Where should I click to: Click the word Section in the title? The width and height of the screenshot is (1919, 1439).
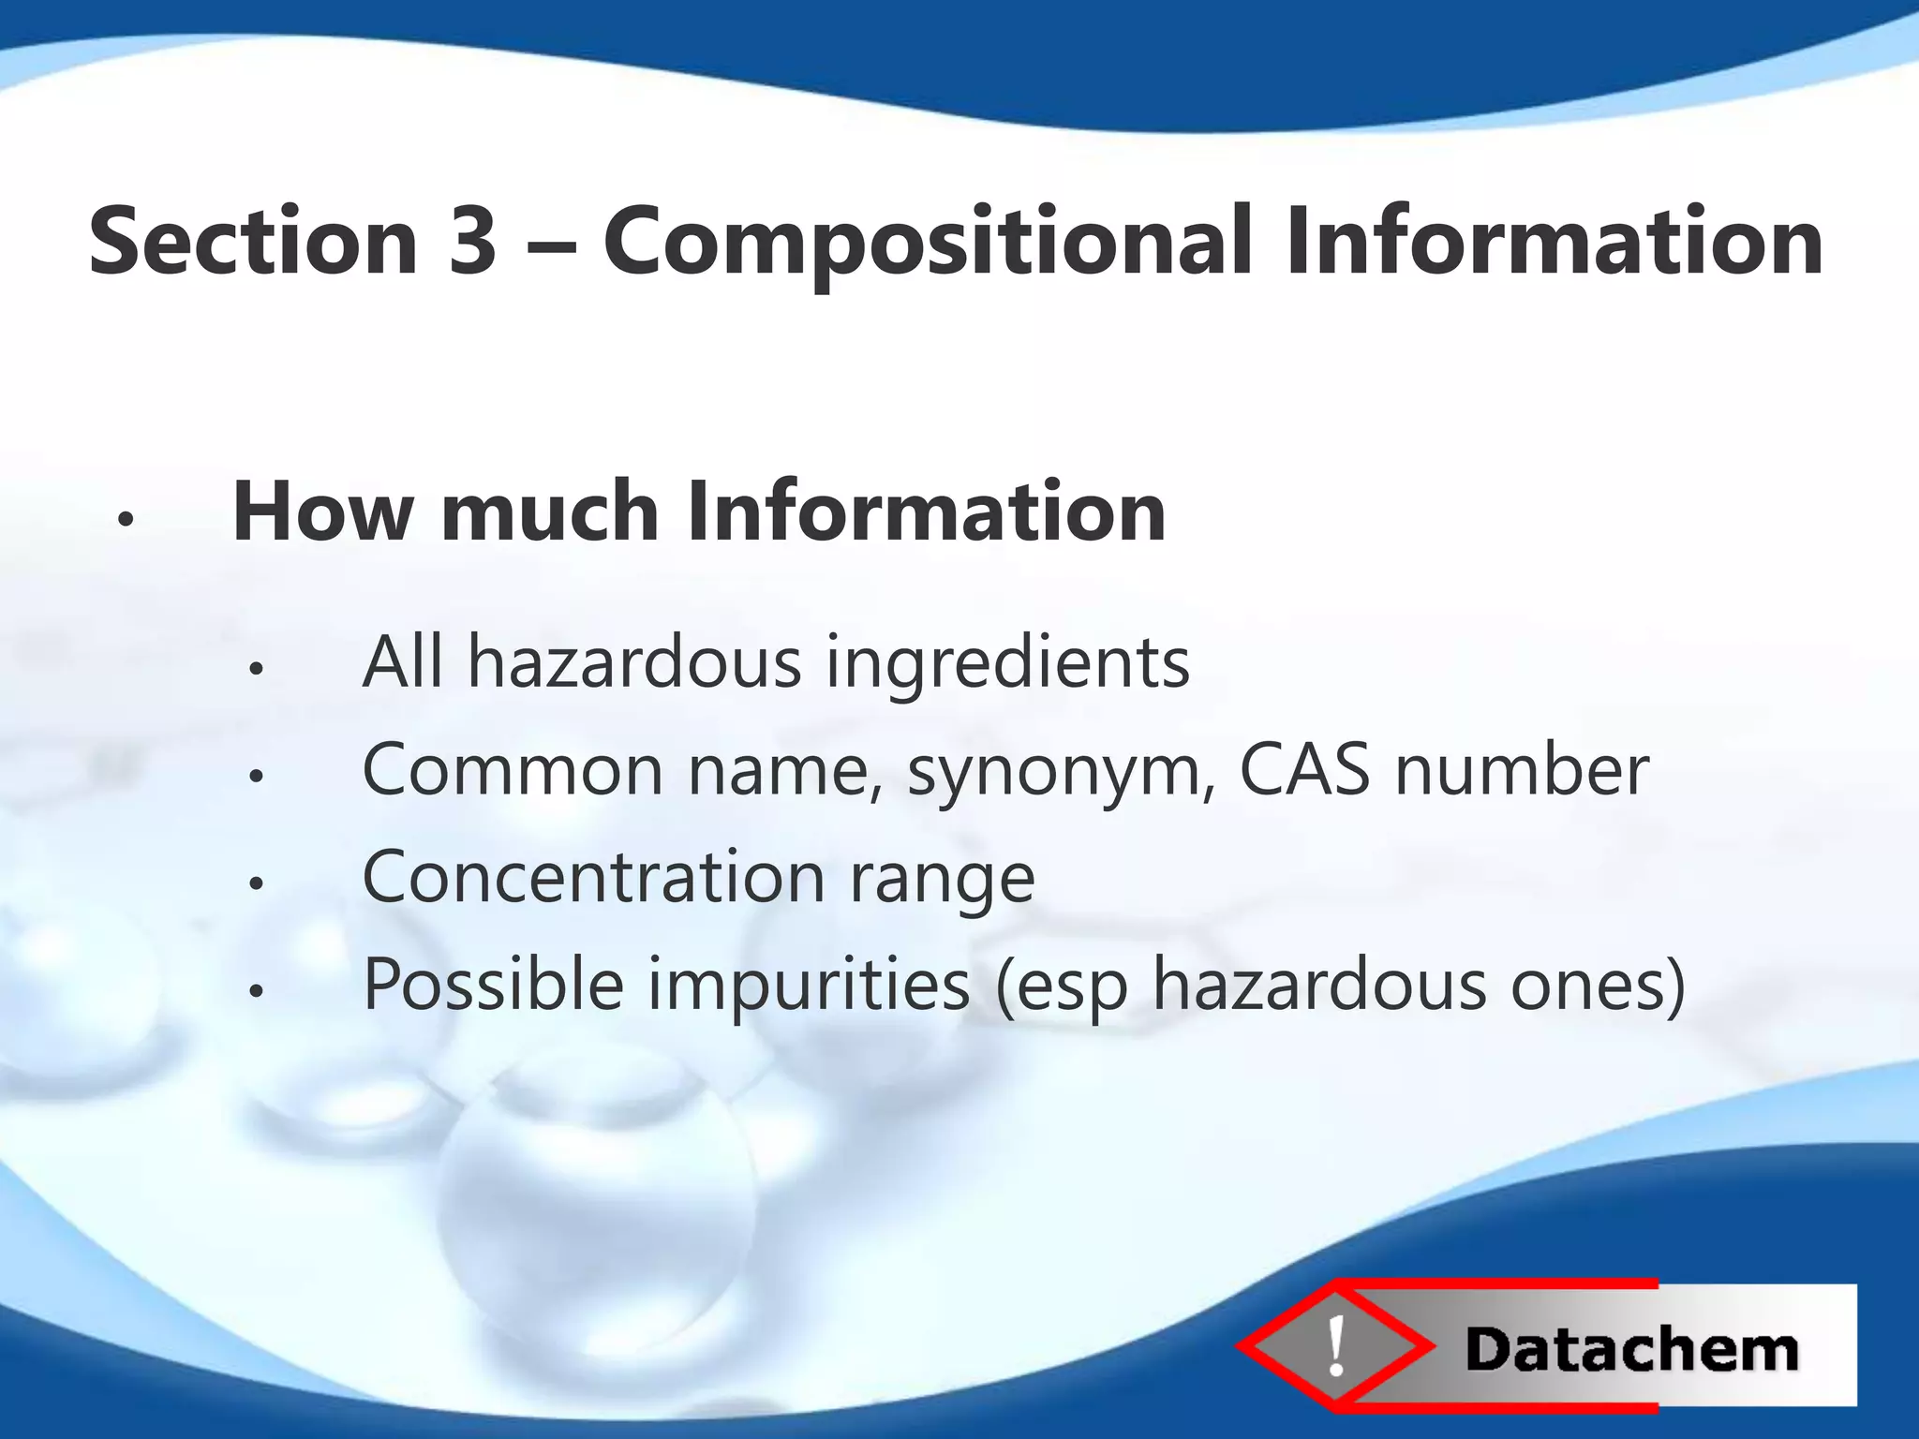pyautogui.click(x=253, y=242)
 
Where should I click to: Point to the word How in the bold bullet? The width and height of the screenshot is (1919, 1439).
pyautogui.click(x=322, y=512)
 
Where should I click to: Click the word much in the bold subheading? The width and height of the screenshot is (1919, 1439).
pyautogui.click(x=550, y=512)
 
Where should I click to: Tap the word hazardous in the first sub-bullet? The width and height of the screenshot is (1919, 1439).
pyautogui.click(x=634, y=661)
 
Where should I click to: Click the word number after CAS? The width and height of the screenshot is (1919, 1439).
pyautogui.click(x=1522, y=769)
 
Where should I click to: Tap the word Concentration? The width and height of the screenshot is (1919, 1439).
pyautogui.click(x=593, y=877)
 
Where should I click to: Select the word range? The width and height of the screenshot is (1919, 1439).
pyautogui.click(x=942, y=881)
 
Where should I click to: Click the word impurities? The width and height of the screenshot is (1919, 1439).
pyautogui.click(x=808, y=986)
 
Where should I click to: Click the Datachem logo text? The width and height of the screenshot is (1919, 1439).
pyautogui.click(x=1631, y=1350)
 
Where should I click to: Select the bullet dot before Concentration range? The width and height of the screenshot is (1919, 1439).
pyautogui.click(x=255, y=883)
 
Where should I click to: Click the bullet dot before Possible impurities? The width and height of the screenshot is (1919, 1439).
pyautogui.click(x=255, y=989)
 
